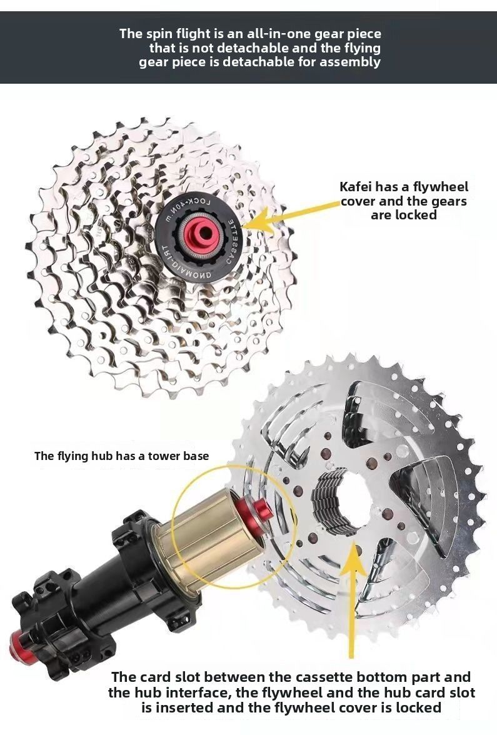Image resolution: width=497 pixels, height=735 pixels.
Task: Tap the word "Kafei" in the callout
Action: click(356, 186)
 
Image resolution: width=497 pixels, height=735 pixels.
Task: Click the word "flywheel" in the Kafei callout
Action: click(440, 187)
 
